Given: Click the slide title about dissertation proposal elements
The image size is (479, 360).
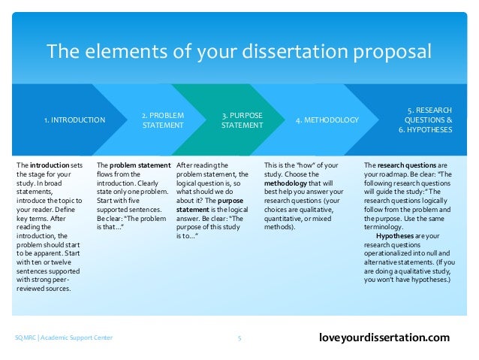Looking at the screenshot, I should tap(239, 52).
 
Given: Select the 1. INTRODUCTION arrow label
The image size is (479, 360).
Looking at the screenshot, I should tap(74, 119).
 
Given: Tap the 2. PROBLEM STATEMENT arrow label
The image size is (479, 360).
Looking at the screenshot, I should tap(163, 119).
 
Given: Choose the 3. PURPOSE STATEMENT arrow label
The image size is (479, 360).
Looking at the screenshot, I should tap(241, 119).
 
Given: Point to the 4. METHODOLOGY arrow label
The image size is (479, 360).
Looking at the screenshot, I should tap(327, 119).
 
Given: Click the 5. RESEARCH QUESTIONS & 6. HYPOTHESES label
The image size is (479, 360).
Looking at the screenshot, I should tap(425, 119).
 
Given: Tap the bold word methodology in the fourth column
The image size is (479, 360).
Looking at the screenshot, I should tap(290, 182).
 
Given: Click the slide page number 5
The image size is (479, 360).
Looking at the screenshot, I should tap(239, 338).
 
